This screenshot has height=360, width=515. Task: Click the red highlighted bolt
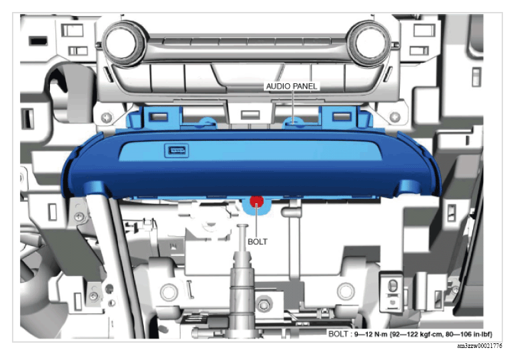pos(257,201)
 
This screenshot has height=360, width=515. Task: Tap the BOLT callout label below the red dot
pos(257,241)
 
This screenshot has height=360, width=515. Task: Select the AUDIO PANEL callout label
pos(292,86)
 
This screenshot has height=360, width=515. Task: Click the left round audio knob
pos(125,43)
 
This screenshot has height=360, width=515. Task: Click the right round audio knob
pos(368,43)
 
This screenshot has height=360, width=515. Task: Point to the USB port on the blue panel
pos(177,151)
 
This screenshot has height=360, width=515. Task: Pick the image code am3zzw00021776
pos(480,346)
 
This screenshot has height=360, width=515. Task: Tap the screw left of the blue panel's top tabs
pos(106,117)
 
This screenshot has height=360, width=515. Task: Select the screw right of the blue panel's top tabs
pos(395,117)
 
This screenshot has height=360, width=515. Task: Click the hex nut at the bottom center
pos(263,305)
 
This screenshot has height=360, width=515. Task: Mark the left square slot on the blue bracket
pos(159,117)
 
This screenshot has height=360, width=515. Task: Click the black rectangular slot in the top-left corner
pos(39,41)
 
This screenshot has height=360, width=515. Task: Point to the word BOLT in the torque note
pos(338,335)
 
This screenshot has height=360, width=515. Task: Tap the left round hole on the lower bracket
pos(169,291)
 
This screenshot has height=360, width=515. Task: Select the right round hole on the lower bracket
pos(345,291)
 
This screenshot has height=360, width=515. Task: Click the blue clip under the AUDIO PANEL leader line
pos(293,122)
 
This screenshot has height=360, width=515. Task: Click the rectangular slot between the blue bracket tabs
pos(251,115)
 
